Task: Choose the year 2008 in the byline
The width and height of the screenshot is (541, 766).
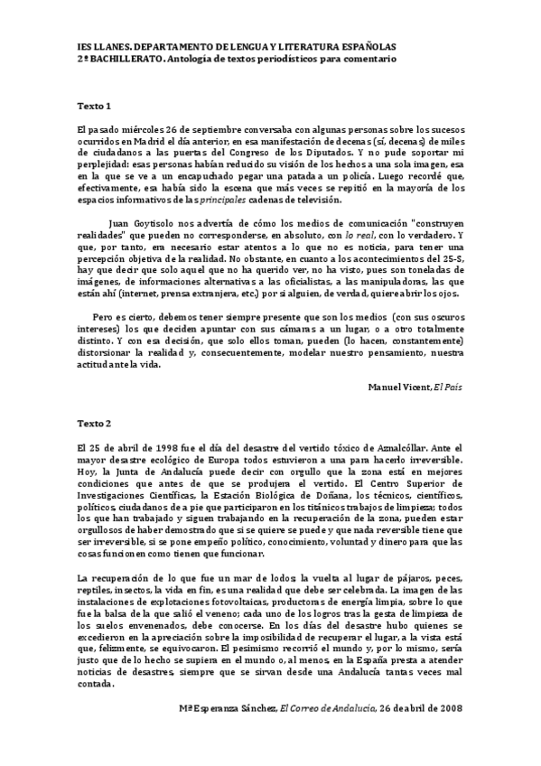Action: pos(447,707)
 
